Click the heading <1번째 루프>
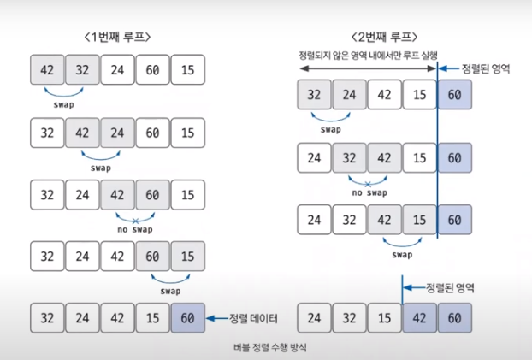117,38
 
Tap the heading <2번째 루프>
385,38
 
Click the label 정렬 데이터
257,318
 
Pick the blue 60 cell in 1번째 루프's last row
188,318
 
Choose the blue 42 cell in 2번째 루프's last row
419,318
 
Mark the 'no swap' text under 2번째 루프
367,192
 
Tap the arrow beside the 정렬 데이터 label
217,318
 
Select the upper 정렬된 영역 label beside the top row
485,68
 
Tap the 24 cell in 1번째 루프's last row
83,318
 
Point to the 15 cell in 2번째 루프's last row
384,318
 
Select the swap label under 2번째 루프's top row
331,130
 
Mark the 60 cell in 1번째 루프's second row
153,133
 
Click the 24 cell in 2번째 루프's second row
315,158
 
